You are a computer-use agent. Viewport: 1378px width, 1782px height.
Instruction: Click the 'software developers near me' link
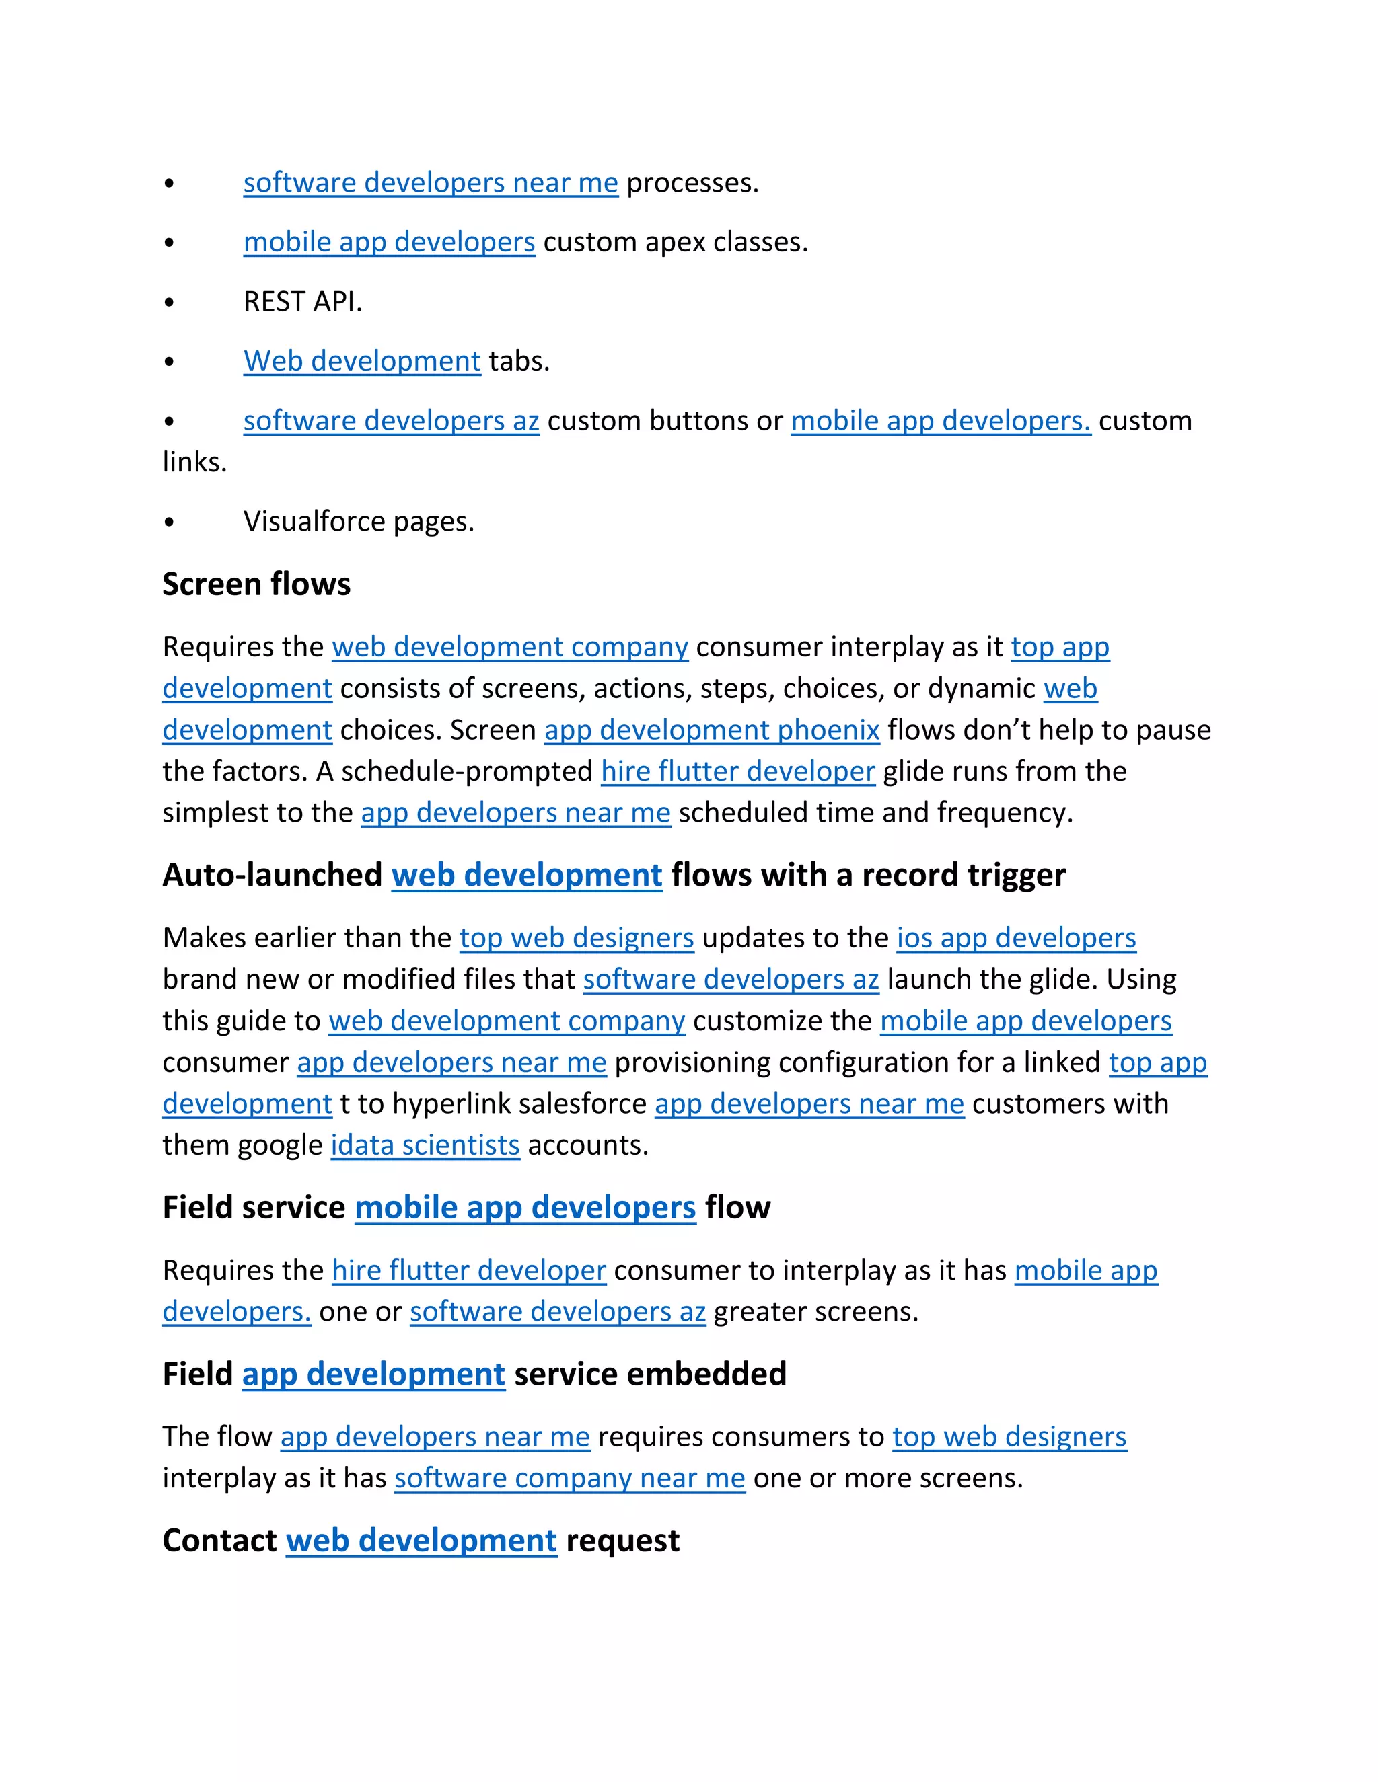click(430, 183)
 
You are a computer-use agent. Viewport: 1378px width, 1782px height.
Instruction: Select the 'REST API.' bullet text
click(302, 302)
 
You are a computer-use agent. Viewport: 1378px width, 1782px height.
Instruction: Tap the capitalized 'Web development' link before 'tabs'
click(361, 362)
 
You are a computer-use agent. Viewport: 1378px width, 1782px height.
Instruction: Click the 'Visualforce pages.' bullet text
click(359, 521)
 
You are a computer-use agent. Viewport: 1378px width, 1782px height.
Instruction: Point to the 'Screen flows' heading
click(256, 584)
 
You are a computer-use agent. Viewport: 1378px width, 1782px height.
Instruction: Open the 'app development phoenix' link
click(712, 730)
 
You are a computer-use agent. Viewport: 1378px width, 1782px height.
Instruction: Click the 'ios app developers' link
click(1017, 938)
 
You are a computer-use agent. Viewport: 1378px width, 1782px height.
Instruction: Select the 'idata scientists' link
click(425, 1146)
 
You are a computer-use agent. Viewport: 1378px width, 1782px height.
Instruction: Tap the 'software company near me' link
click(570, 1479)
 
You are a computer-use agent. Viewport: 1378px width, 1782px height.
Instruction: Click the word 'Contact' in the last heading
click(219, 1541)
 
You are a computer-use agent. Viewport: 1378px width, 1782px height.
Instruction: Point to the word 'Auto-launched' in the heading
click(272, 876)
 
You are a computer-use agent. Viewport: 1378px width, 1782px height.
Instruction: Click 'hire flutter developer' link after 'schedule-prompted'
click(738, 771)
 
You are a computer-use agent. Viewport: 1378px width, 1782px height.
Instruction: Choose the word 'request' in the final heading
click(622, 1541)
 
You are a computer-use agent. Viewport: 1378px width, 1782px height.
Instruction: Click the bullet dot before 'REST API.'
click(169, 303)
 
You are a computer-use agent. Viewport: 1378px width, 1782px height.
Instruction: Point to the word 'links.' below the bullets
click(194, 463)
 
